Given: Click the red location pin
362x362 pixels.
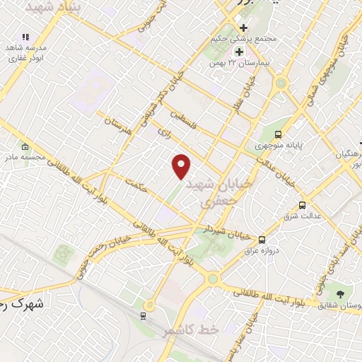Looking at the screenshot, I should pyautogui.click(x=182, y=166).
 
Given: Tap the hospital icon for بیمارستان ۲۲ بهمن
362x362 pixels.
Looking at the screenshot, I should pyautogui.click(x=239, y=52).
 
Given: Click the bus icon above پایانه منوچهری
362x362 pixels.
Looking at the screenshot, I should pyautogui.click(x=279, y=134).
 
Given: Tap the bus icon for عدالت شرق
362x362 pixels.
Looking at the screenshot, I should pyautogui.click(x=303, y=205).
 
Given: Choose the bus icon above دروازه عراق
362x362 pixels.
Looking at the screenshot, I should pyautogui.click(x=262, y=240).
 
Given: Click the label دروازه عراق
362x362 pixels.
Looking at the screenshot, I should pyautogui.click(x=262, y=251).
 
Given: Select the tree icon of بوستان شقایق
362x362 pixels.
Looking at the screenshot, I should pyautogui.click(x=341, y=293).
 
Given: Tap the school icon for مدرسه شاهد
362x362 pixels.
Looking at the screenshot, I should pyautogui.click(x=25, y=37).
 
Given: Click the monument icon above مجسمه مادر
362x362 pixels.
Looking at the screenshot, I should pyautogui.click(x=25, y=146).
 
